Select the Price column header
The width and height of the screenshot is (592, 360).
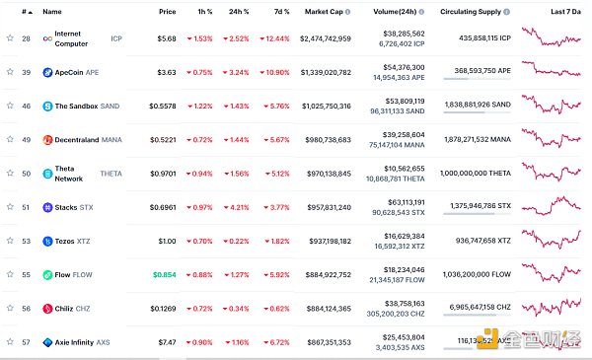167,11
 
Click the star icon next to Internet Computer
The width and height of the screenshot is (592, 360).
10,37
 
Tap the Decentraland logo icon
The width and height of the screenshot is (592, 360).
47,139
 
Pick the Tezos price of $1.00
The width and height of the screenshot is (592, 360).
166,241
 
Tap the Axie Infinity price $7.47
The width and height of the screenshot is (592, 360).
166,342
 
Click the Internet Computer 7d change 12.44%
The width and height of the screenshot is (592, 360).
278,37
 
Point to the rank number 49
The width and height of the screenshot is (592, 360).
27,139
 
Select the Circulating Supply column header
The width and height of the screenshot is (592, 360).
475,11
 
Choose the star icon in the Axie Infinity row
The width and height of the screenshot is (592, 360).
10,342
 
